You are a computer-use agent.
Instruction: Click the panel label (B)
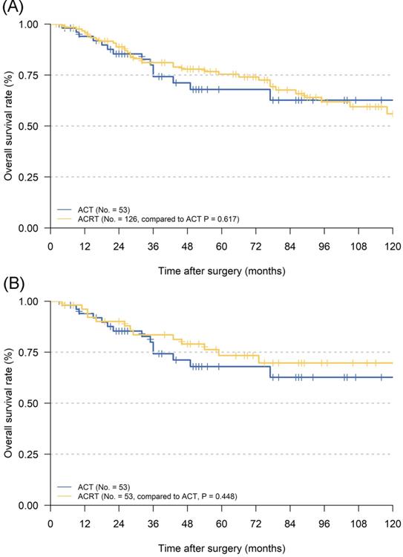(x=13, y=284)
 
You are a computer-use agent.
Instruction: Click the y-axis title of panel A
(x=8, y=126)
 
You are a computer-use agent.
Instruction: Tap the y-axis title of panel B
(x=8, y=403)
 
